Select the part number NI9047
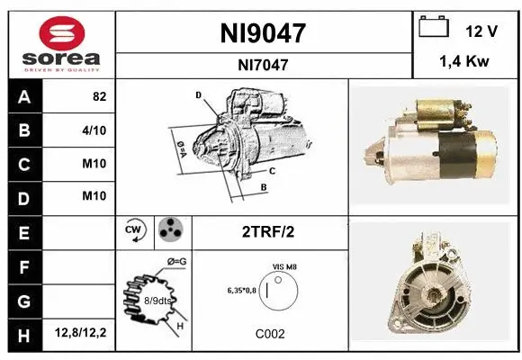tap(263, 33)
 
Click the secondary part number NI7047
tap(263, 64)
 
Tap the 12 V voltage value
tap(481, 31)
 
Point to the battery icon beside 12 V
tap(434, 28)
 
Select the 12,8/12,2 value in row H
tap(80, 334)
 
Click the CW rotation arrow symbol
tap(135, 231)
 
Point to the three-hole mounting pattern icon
tap(170, 231)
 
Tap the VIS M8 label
tap(284, 267)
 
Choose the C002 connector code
tap(269, 334)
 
